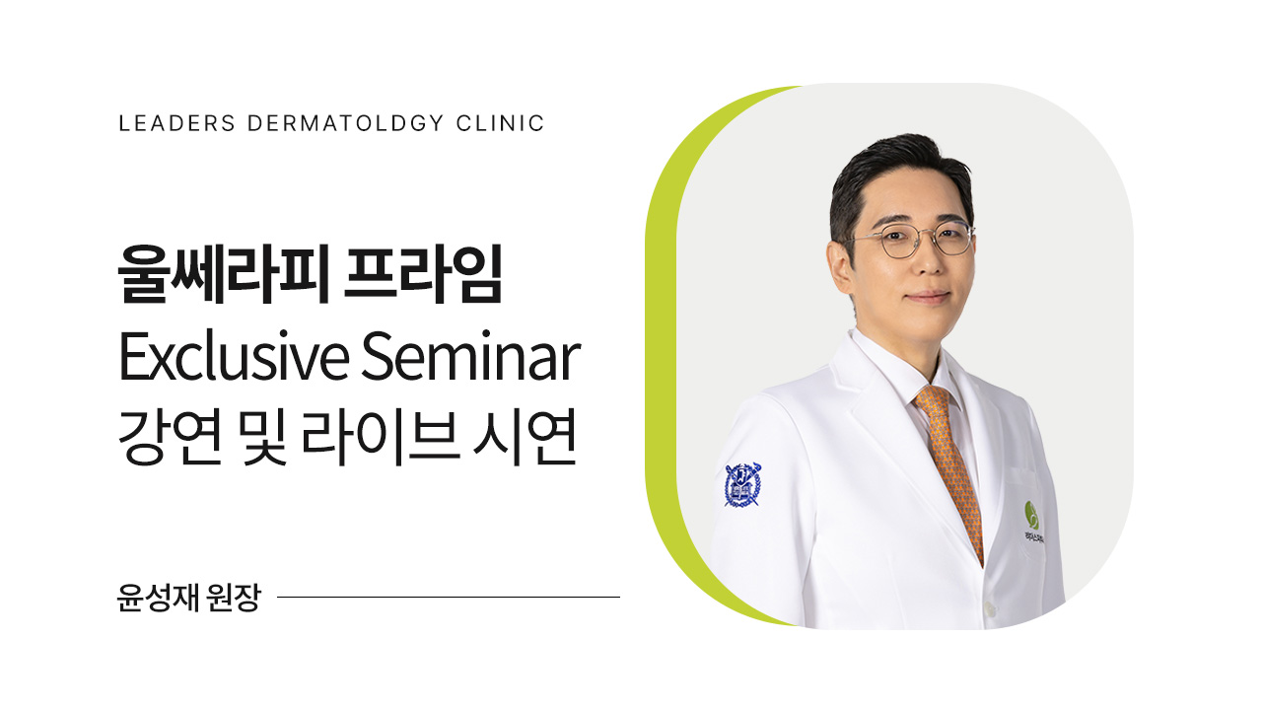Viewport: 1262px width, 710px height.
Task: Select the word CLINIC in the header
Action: [x=501, y=124]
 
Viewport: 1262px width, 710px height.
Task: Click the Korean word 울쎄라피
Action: [x=222, y=277]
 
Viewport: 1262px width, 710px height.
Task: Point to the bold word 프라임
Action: [x=424, y=277]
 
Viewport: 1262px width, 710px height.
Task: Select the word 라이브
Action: [x=391, y=441]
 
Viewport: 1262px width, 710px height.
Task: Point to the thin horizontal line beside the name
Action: [x=449, y=597]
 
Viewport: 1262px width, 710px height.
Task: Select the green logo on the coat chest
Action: [x=1031, y=514]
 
